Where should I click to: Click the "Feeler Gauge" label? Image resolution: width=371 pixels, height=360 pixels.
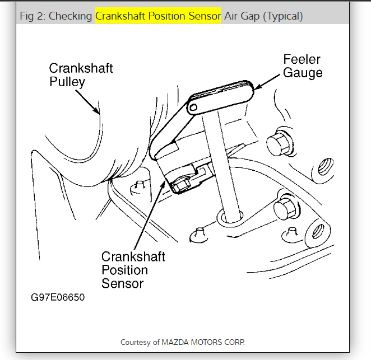pos(303,66)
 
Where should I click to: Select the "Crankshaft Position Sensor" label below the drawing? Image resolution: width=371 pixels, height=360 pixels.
pos(133,270)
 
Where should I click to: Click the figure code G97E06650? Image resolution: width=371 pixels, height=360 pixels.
pos(58,297)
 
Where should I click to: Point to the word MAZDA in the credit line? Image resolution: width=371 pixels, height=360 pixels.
pos(175,342)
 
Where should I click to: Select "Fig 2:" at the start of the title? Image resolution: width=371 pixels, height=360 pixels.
pos(33,16)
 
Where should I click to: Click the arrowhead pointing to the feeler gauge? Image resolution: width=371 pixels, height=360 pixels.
pos(256,88)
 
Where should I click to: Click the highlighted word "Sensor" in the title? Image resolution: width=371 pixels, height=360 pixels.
pos(205,16)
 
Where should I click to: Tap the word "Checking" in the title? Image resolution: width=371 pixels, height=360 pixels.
pos(71,16)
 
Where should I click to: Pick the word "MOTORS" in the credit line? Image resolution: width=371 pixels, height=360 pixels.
pos(205,342)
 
